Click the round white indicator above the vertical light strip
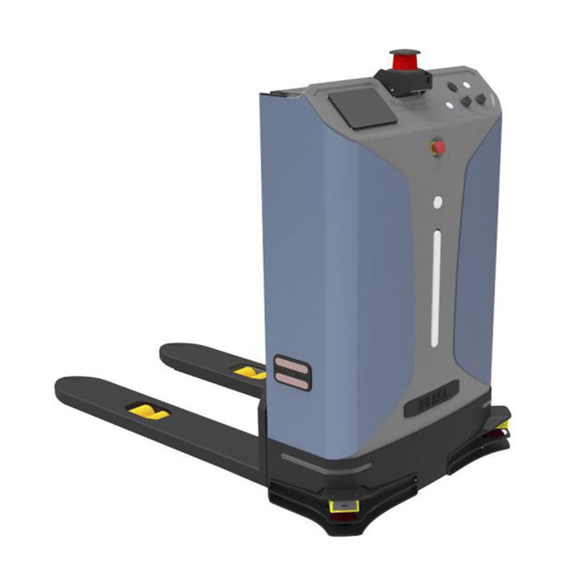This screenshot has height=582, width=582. click(438, 202)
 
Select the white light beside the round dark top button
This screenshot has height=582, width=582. click(465, 84)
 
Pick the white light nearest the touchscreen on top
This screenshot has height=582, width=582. click(449, 104)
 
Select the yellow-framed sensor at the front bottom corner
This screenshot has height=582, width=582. click(344, 506)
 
